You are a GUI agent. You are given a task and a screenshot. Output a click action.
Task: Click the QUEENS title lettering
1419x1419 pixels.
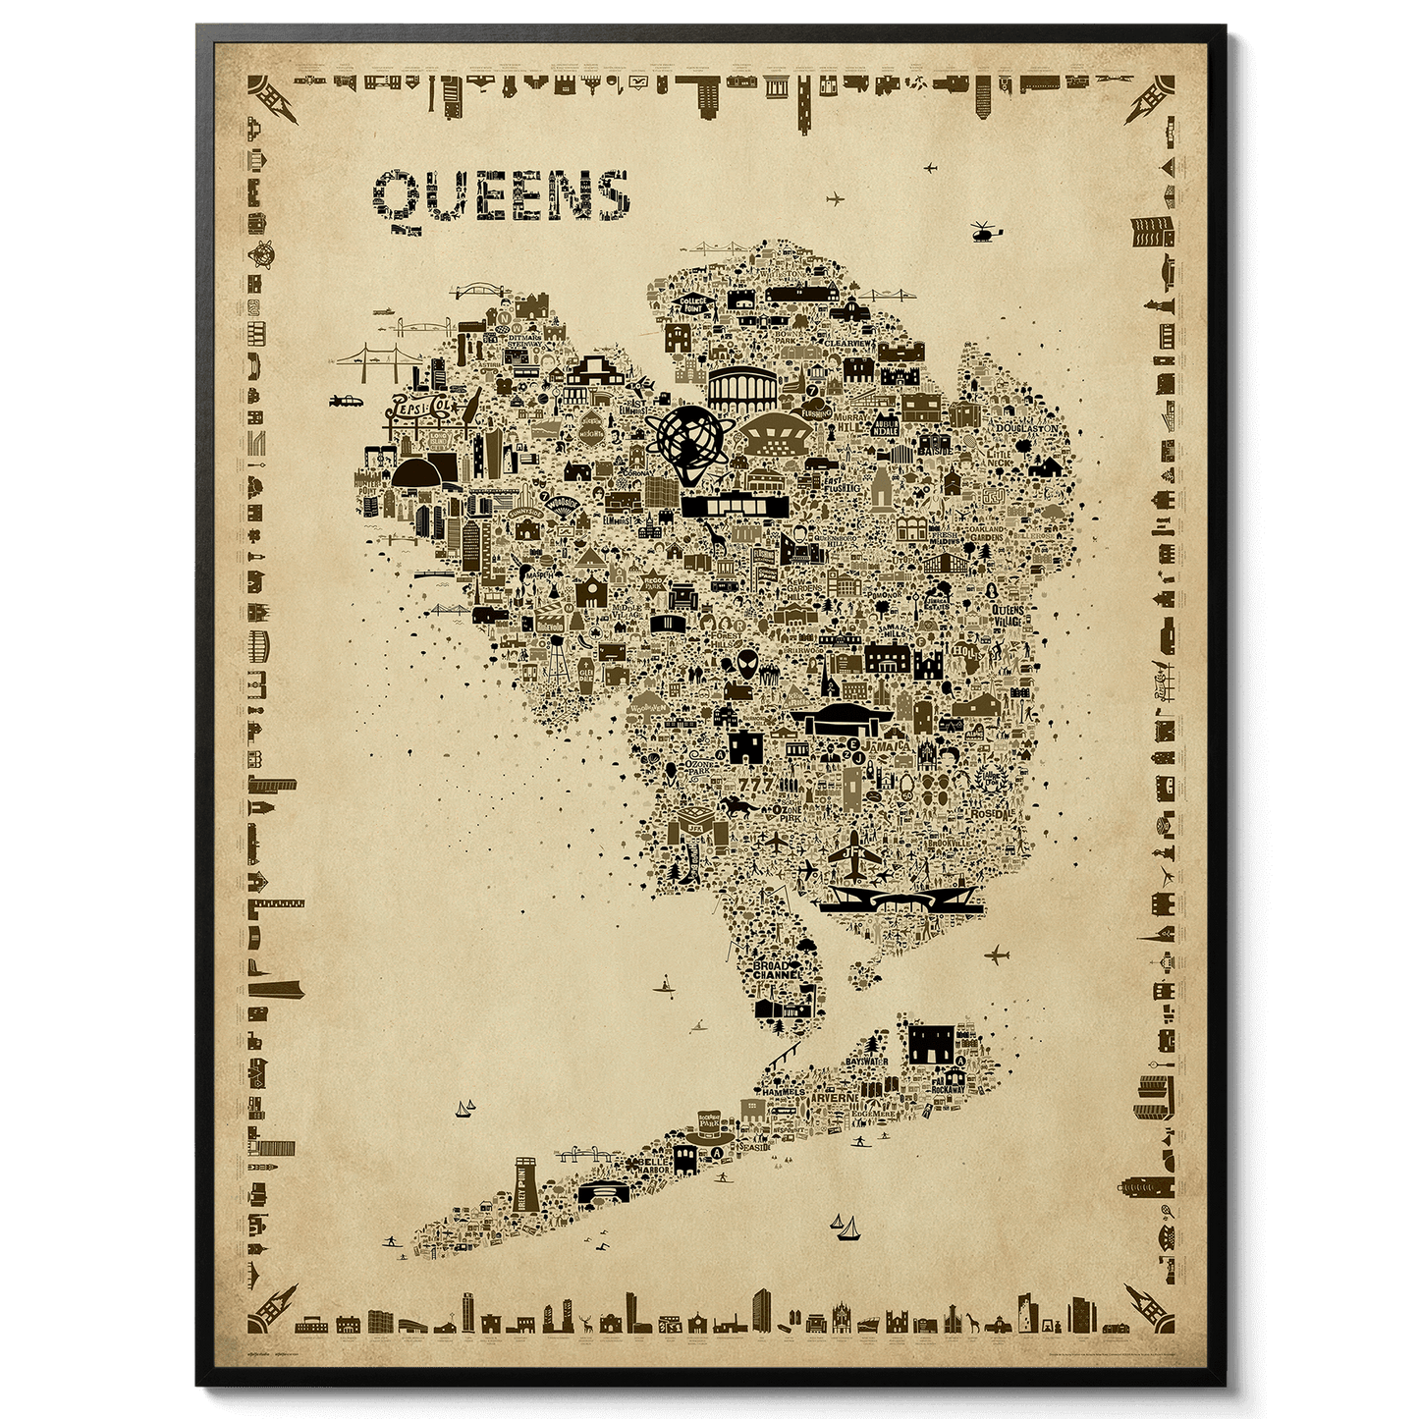tap(501, 197)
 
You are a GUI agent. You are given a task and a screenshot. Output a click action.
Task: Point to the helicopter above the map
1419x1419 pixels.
tap(985, 232)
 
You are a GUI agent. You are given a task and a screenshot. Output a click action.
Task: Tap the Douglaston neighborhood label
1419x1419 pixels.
tap(1027, 428)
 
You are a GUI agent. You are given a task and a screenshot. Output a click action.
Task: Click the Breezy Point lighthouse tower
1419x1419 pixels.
tap(526, 1186)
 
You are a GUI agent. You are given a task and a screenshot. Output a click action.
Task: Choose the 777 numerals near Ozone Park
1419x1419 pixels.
tap(756, 785)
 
